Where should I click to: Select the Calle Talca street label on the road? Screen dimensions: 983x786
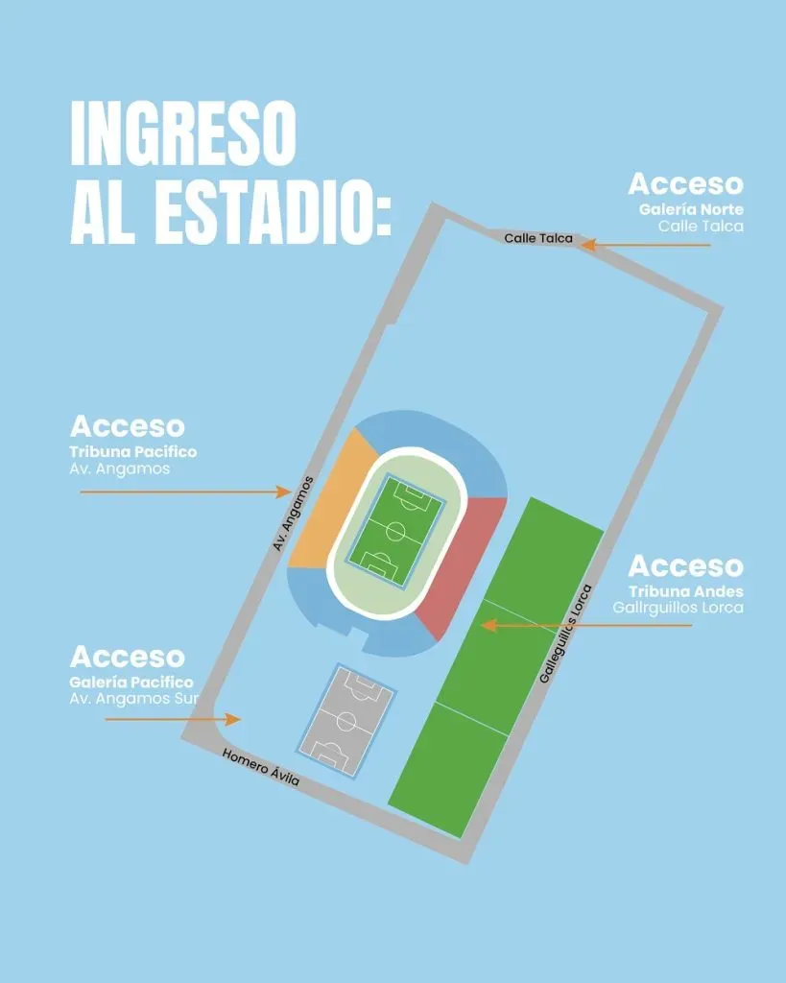pos(537,238)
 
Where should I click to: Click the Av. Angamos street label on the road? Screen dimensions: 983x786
pos(294,514)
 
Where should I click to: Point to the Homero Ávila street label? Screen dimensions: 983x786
pos(261,767)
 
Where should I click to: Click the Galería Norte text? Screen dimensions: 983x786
pos(691,210)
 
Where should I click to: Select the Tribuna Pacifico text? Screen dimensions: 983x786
pos(132,451)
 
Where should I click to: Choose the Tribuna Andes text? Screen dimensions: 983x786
pos(686,591)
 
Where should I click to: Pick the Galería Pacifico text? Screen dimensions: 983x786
pos(131,683)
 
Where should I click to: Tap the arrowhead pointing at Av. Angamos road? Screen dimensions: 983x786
pos(283,491)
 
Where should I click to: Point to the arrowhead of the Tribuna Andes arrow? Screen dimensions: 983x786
pos(488,625)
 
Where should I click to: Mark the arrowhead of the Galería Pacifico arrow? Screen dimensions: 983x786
pos(232,718)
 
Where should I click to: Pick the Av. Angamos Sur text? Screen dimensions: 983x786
pos(132,699)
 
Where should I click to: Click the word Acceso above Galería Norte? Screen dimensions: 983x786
pos(685,184)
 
